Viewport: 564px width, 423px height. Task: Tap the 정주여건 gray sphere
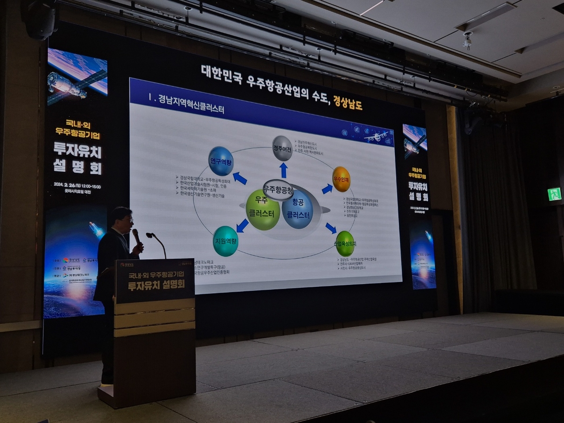(282, 149)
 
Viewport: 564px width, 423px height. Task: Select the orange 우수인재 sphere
(341, 179)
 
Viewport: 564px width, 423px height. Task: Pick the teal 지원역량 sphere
(225, 241)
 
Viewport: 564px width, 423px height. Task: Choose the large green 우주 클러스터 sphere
(263, 210)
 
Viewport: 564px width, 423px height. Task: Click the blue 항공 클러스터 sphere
(298, 209)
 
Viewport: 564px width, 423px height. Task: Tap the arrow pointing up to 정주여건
(283, 170)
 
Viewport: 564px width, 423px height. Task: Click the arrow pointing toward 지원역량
(242, 226)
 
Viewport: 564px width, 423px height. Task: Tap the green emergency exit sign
(554, 193)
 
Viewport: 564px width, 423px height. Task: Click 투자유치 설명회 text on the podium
(155, 285)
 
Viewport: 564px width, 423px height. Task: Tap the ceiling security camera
(467, 41)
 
